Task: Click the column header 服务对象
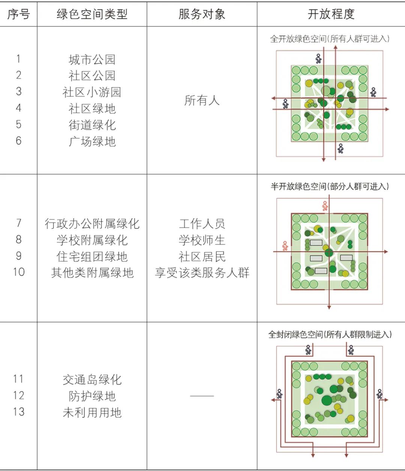tap(202, 14)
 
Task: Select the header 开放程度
tap(331, 14)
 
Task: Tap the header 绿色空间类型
tap(92, 14)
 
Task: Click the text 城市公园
tap(92, 60)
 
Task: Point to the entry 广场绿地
tap(92, 141)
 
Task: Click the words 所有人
tap(202, 100)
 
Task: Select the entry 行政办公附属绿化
tap(92, 224)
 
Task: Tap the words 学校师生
tap(202, 240)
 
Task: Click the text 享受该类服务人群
tap(202, 273)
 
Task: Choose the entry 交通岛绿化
tap(92, 380)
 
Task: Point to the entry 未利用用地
tap(92, 413)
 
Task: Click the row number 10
tap(19, 272)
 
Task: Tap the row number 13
tap(19, 412)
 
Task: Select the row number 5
tap(19, 124)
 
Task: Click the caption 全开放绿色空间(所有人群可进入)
tap(330, 39)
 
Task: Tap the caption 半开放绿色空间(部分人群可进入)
tap(330, 186)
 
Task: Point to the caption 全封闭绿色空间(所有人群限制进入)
tap(330, 335)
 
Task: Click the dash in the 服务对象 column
tap(202, 396)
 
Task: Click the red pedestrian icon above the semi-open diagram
tap(325, 206)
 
